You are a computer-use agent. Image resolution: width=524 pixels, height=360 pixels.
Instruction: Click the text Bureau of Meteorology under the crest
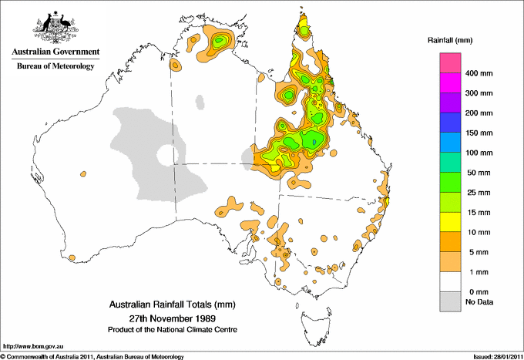pos(55,66)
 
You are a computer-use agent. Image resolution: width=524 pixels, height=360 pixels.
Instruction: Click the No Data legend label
pos(478,302)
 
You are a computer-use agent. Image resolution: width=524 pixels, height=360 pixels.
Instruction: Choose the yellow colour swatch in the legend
pos(450,222)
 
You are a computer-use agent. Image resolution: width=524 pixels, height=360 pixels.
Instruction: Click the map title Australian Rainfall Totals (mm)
pos(172,304)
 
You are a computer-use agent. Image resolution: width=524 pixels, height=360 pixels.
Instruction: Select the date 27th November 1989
pos(172,317)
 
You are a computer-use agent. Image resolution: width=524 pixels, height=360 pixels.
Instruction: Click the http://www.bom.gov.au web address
pos(32,346)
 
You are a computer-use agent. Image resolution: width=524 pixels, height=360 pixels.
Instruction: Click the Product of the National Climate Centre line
pos(172,329)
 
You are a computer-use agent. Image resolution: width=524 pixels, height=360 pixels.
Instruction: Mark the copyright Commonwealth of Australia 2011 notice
pos(92,356)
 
